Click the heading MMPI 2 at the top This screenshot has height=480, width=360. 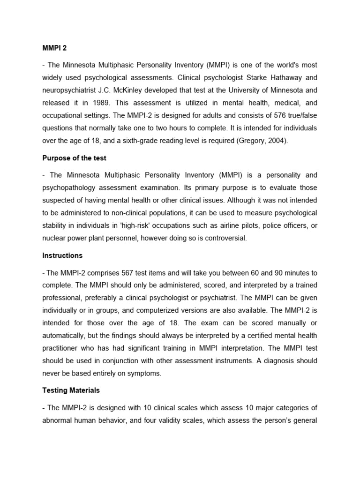pos(54,48)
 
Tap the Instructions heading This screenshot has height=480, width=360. pos(62,255)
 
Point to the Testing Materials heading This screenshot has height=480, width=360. pos(71,390)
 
